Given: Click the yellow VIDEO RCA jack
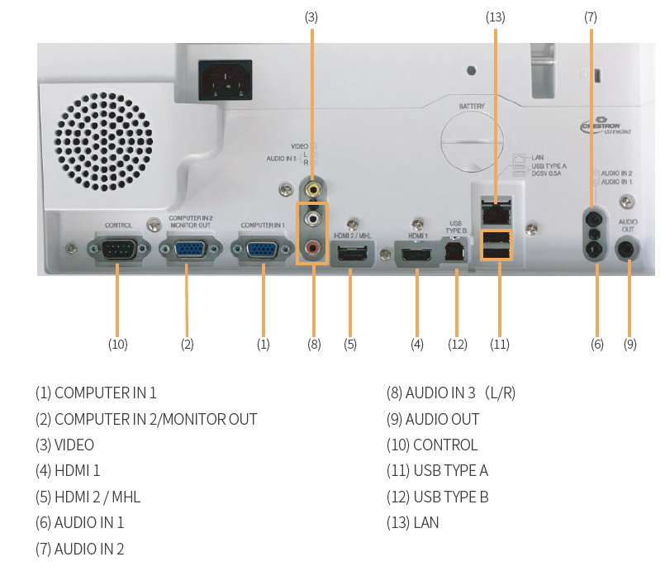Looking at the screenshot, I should [313, 189].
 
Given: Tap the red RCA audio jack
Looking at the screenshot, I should [313, 247].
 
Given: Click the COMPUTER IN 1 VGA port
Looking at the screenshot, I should [264, 249].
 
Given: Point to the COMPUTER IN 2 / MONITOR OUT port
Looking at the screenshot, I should [190, 249].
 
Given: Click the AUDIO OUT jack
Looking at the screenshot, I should [629, 249].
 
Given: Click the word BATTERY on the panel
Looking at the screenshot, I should [472, 107].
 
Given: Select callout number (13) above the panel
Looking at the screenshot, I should [496, 16].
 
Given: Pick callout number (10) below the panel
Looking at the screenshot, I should [117, 344].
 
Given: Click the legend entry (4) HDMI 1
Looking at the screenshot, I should [78, 470].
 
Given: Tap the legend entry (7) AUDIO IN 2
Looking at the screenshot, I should [79, 548].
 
